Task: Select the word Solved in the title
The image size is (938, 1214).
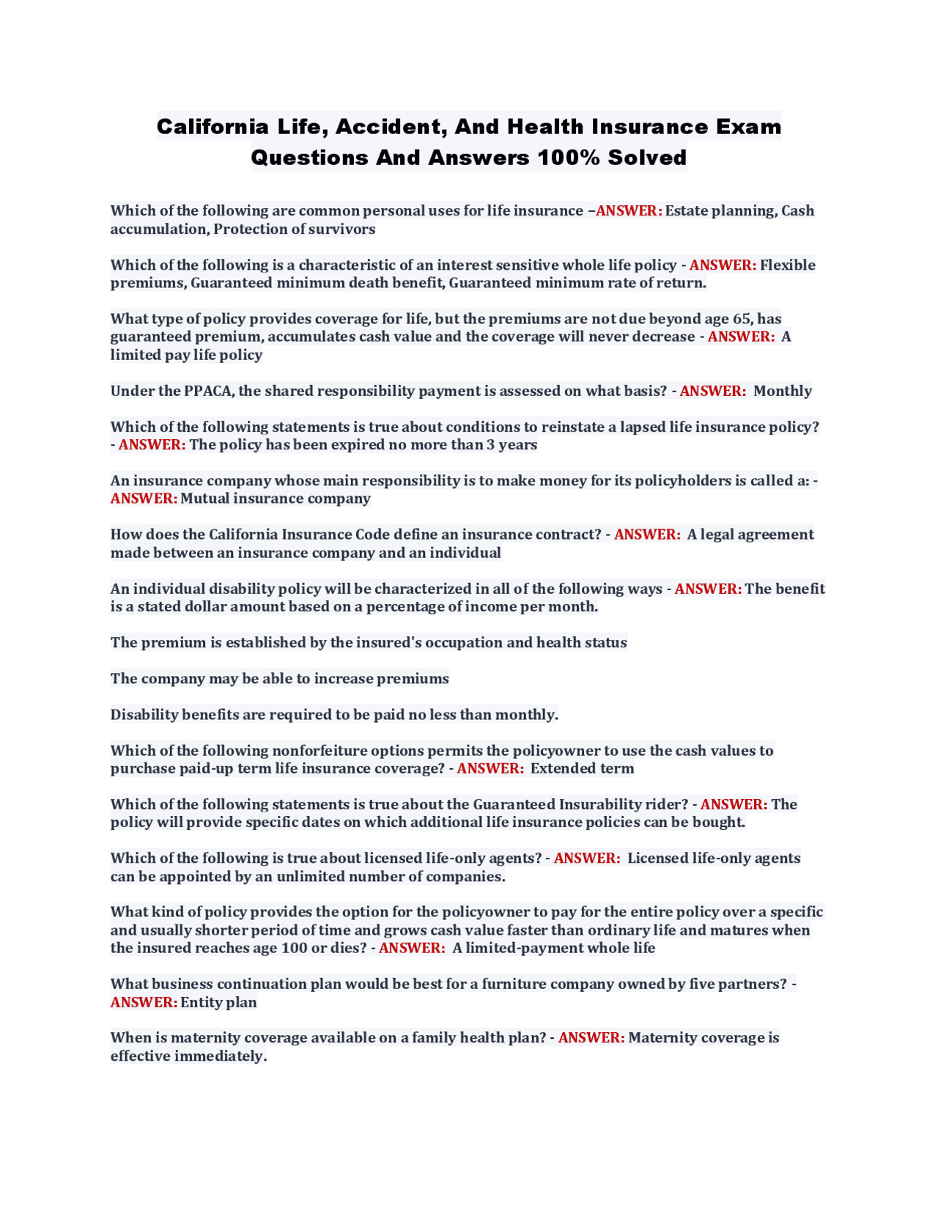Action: point(647,158)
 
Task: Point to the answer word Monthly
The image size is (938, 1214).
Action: point(782,391)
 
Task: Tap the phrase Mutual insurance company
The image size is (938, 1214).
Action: point(276,499)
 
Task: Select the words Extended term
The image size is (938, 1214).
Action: point(582,768)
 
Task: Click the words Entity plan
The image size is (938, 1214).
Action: point(218,1002)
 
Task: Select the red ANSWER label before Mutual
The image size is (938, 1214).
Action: point(144,499)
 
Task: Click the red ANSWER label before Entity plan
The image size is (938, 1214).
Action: point(144,1002)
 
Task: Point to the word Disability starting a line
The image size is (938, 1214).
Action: point(144,714)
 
